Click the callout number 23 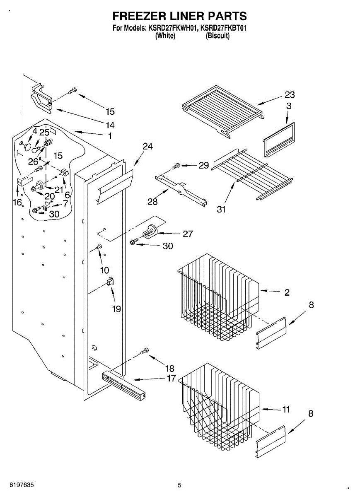[x=290, y=95]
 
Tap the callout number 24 [x=147, y=146]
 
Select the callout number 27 [x=188, y=234]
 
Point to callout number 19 [x=116, y=309]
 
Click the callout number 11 [x=286, y=409]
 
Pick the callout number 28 [x=152, y=202]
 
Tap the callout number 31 [x=221, y=209]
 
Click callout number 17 [x=172, y=378]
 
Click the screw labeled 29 [x=176, y=166]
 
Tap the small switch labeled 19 [x=110, y=282]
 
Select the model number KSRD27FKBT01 [x=223, y=28]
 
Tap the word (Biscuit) [x=217, y=36]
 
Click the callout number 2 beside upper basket [x=287, y=292]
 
